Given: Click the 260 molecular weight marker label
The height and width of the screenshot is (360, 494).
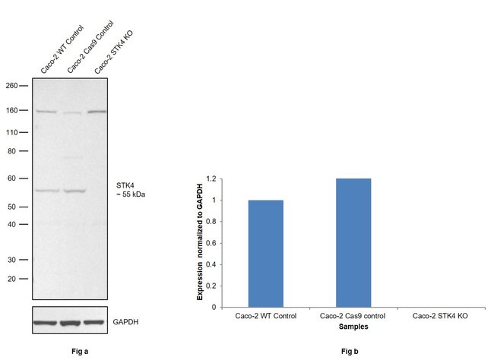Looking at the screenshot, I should (x=12, y=85).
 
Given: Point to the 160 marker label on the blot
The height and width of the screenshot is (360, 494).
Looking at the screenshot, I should (x=12, y=111).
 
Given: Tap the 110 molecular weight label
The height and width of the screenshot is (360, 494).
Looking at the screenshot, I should (x=12, y=133).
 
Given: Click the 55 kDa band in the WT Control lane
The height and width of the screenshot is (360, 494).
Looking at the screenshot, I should (x=46, y=191).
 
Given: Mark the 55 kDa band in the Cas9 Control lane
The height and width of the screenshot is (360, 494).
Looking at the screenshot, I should (x=73, y=191).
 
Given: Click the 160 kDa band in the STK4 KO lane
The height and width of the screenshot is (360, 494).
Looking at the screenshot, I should (x=96, y=112).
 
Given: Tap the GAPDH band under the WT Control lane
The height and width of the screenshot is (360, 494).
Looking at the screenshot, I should (x=46, y=322).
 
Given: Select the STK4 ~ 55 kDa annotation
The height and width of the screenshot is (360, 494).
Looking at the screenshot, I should (x=129, y=189).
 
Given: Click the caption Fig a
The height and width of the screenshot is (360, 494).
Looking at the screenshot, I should (x=74, y=352).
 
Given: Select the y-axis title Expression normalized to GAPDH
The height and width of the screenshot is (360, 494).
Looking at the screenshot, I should (x=200, y=242).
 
